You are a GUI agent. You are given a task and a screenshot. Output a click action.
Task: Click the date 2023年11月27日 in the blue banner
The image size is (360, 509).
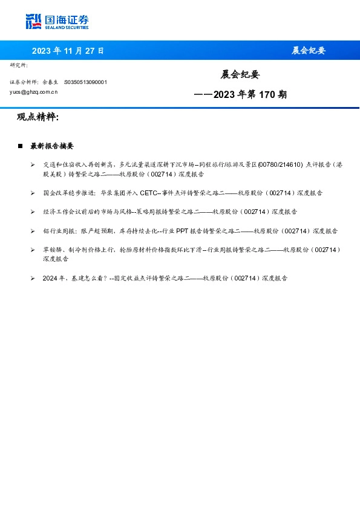(x=68, y=51)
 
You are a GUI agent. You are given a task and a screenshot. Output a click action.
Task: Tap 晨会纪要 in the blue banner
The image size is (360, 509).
(x=309, y=51)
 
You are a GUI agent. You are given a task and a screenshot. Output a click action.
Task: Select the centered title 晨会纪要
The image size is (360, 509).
(x=240, y=74)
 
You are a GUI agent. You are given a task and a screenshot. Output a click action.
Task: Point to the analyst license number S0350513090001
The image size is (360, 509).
(x=85, y=82)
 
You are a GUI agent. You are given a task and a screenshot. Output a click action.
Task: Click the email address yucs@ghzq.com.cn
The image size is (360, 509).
(x=34, y=92)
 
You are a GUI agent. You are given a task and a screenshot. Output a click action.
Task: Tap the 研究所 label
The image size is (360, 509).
(x=19, y=65)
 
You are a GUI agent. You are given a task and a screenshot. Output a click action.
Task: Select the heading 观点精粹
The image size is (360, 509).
(x=38, y=117)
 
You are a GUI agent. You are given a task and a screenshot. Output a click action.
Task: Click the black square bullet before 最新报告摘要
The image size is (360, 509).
(x=21, y=146)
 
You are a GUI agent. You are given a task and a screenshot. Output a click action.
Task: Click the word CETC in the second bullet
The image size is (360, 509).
(x=148, y=193)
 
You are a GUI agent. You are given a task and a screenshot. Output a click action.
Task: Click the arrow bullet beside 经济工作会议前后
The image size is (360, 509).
(x=33, y=212)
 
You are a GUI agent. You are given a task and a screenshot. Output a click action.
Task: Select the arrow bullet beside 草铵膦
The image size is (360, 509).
(x=33, y=250)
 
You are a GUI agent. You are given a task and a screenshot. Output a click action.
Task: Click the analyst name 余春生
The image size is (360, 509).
(x=50, y=82)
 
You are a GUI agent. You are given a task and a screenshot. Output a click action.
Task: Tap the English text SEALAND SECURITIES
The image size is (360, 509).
(x=67, y=28)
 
